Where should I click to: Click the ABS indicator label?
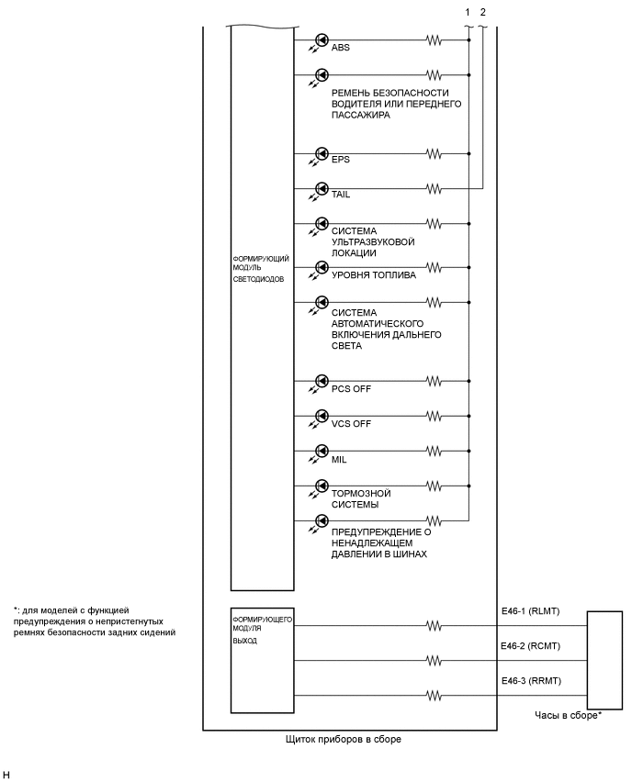point(341,48)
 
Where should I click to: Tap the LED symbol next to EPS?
point(322,153)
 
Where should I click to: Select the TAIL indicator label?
point(341,195)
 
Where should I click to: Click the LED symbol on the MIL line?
point(322,451)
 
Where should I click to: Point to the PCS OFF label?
point(352,388)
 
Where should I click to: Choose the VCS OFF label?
point(352,423)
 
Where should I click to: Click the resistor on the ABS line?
point(433,40)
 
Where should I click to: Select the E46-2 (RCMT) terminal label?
point(531,645)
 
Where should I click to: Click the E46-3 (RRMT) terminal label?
point(531,679)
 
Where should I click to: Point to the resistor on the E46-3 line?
point(433,694)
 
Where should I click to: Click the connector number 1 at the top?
point(468,10)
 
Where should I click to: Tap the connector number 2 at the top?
point(483,10)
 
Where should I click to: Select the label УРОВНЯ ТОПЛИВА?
point(374,274)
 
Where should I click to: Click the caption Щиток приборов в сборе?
point(344,739)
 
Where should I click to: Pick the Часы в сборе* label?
point(568,714)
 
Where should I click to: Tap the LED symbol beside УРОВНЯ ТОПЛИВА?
point(322,268)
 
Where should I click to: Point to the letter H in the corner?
point(6,775)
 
